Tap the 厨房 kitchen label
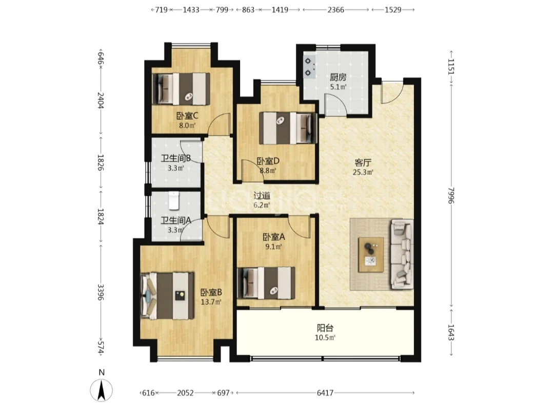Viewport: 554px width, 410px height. (338, 77)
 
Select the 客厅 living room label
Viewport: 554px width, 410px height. (363, 163)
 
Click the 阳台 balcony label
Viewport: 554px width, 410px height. (325, 328)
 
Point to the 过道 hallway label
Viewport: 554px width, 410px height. (262, 195)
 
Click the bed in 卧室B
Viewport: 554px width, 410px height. (167, 296)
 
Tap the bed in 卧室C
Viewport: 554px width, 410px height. (181, 89)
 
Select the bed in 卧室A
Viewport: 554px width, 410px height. (266, 283)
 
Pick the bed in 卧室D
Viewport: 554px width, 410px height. (288, 128)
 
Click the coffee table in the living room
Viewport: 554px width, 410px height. (371, 255)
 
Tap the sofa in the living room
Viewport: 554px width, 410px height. (402, 254)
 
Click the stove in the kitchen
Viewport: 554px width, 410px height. (309, 66)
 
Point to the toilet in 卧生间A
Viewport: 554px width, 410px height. (174, 200)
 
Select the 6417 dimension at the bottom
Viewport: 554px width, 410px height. (325, 393)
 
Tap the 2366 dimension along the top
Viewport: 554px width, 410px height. (335, 10)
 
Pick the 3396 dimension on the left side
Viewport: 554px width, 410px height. (101, 292)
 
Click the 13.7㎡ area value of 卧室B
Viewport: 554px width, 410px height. (211, 302)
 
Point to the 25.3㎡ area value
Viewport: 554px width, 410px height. (363, 172)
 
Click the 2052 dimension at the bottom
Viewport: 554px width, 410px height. (186, 393)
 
